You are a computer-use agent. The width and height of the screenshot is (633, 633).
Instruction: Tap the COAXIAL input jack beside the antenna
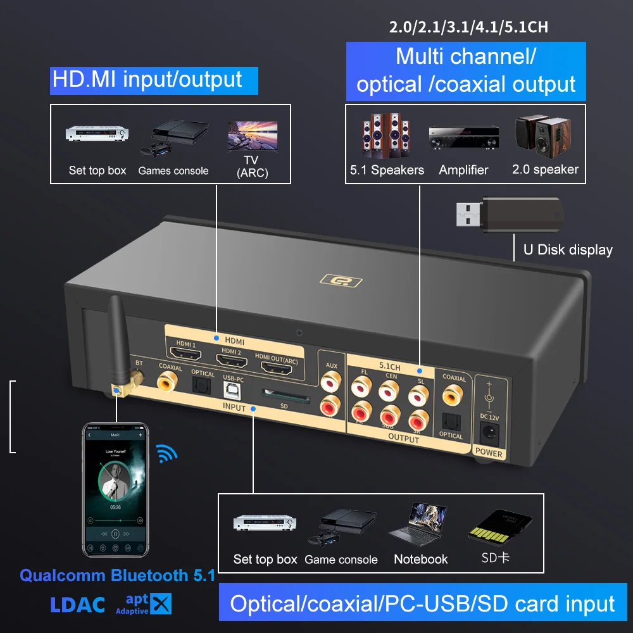[170, 380]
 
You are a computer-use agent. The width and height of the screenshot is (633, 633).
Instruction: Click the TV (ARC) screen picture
[252, 135]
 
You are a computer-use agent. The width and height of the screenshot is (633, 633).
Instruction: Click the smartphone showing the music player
[116, 489]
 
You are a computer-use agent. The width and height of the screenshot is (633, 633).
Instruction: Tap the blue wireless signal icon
[167, 453]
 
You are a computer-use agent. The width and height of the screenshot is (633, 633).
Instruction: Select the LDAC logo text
[77, 604]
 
